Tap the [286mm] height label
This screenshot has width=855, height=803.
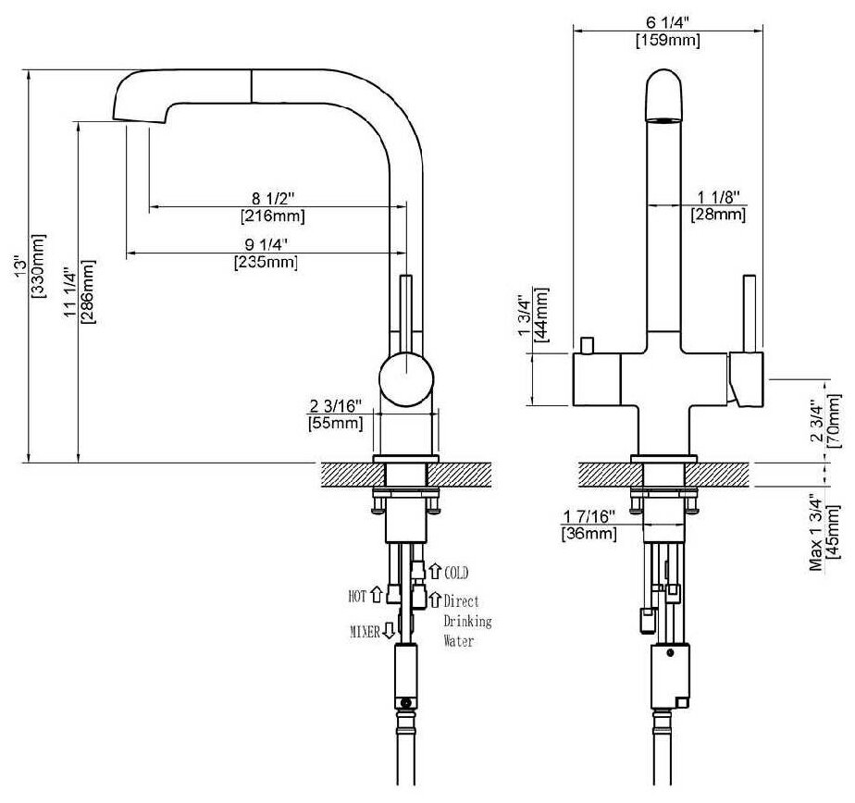[89, 291]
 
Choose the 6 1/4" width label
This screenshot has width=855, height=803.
[666, 21]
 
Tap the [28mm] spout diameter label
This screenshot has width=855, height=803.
[718, 215]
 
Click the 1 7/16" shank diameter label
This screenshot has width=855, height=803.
[589, 516]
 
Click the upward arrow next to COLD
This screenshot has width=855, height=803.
[433, 572]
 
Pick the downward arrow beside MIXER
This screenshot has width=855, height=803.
[389, 631]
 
